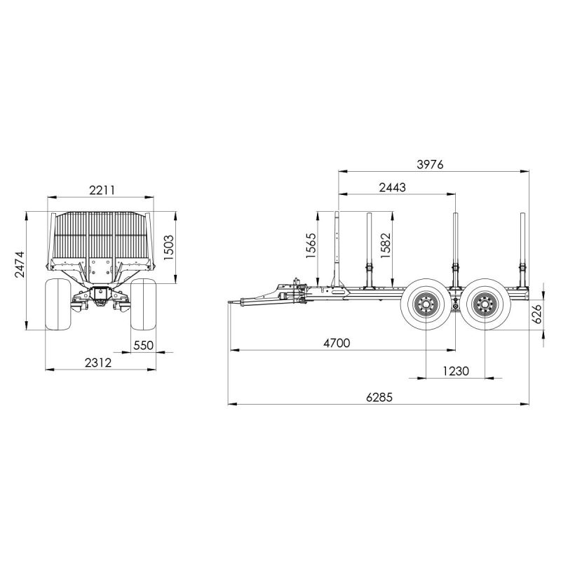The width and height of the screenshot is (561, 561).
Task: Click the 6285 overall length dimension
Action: [379, 397]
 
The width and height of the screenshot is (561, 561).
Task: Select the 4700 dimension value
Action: [337, 343]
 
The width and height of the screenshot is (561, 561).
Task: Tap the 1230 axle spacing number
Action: [456, 371]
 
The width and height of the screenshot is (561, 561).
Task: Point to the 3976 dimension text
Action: [430, 165]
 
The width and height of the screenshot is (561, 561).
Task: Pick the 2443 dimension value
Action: [393, 187]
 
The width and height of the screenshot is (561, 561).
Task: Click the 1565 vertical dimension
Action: [311, 246]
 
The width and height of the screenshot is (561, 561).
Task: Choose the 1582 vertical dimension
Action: [386, 246]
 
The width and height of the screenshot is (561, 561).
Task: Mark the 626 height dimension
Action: [536, 313]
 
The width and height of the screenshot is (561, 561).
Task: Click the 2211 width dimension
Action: [102, 190]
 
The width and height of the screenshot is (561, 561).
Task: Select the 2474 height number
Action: [20, 264]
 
